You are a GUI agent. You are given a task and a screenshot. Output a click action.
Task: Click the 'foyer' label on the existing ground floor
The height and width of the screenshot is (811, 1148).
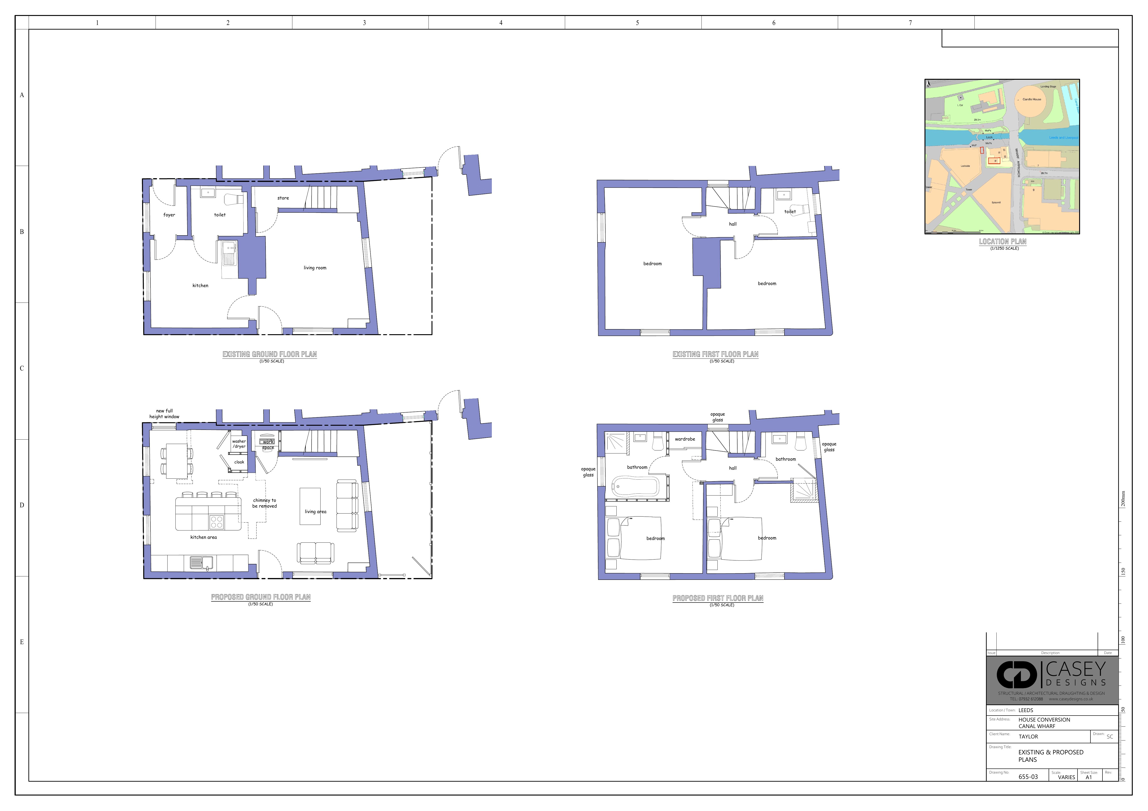pos(169,215)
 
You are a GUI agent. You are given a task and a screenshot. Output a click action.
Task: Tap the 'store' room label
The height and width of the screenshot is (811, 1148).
pos(283,198)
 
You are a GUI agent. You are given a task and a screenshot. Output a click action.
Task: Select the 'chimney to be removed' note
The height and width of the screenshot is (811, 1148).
pos(264,503)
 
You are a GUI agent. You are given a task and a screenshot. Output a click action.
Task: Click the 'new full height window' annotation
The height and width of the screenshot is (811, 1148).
pos(164,413)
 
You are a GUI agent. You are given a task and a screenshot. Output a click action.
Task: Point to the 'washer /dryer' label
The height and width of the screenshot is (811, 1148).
pos(239,444)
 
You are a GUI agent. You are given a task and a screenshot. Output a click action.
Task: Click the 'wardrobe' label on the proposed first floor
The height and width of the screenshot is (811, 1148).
pos(685,439)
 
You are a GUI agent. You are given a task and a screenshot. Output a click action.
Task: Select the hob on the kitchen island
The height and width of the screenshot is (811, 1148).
pos(217,522)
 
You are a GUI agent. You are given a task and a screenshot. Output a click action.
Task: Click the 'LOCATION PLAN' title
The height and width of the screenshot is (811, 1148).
pos(1002,242)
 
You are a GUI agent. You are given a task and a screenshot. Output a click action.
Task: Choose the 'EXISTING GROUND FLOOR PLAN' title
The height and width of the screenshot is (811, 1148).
pos(269,354)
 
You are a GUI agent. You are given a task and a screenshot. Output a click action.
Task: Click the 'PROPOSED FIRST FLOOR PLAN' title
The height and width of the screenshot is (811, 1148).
pos(717,598)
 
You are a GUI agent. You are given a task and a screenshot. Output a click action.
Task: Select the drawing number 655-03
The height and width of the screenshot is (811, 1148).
pos(1028,777)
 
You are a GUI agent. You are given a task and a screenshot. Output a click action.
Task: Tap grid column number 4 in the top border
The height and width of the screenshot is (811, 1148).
pos(500,22)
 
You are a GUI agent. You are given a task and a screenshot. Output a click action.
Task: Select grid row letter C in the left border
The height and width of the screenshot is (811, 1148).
pos(21,368)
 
